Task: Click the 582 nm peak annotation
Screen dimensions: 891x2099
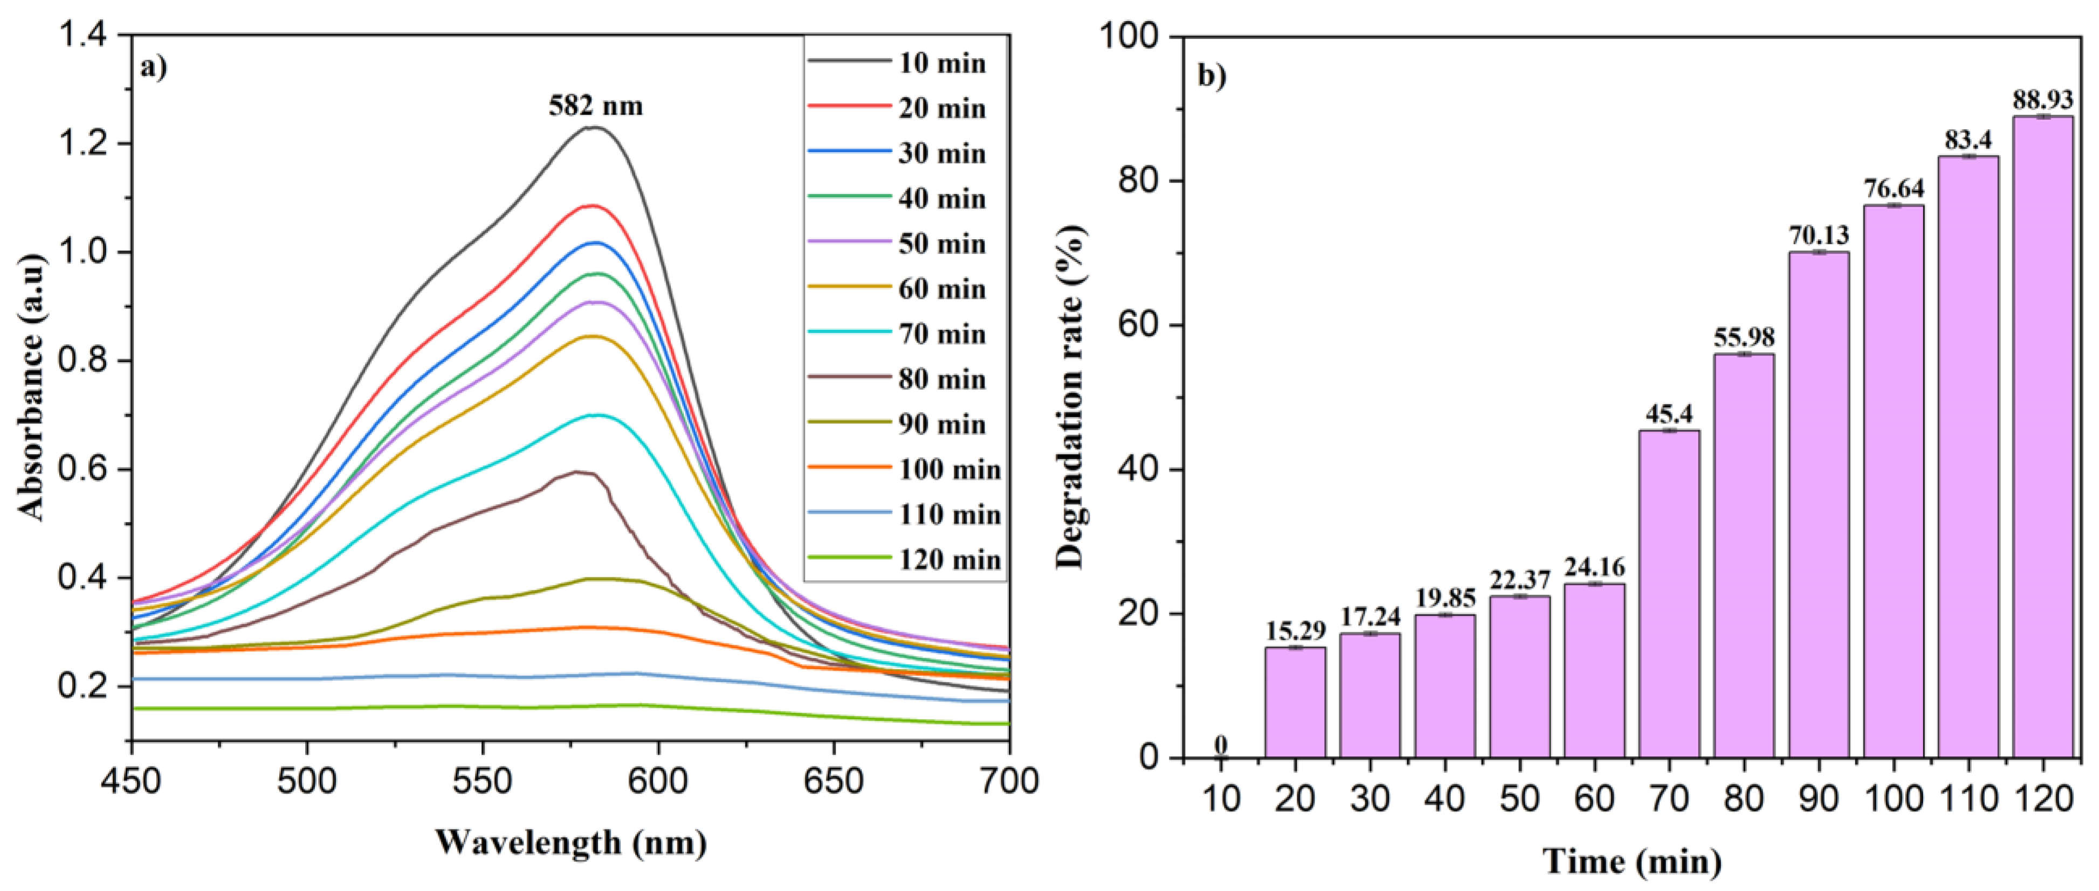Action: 596,106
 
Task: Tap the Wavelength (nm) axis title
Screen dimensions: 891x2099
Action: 570,843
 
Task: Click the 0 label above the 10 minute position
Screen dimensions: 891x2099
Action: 1220,744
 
